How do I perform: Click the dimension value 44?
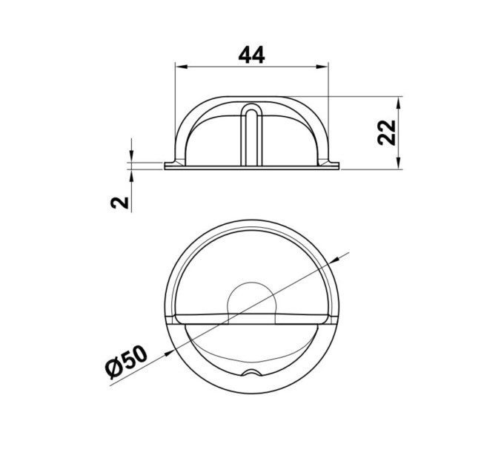pyautogui.click(x=252, y=55)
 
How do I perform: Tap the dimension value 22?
pyautogui.click(x=387, y=133)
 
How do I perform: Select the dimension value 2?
pyautogui.click(x=119, y=203)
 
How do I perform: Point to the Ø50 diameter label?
pyautogui.click(x=126, y=362)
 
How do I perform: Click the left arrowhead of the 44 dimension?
pyautogui.click(x=182, y=67)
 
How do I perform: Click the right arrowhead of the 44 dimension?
pyautogui.click(x=322, y=67)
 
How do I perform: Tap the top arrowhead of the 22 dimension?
pyautogui.click(x=399, y=103)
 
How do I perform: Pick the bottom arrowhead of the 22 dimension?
pyautogui.click(x=399, y=163)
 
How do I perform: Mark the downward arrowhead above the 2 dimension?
pyautogui.click(x=131, y=156)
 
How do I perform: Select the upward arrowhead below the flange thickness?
pyautogui.click(x=131, y=176)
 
